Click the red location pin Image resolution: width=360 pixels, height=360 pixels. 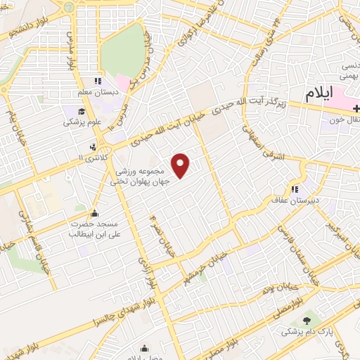(x=181, y=166)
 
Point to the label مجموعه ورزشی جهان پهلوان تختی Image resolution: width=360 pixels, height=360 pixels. (x=140, y=176)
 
